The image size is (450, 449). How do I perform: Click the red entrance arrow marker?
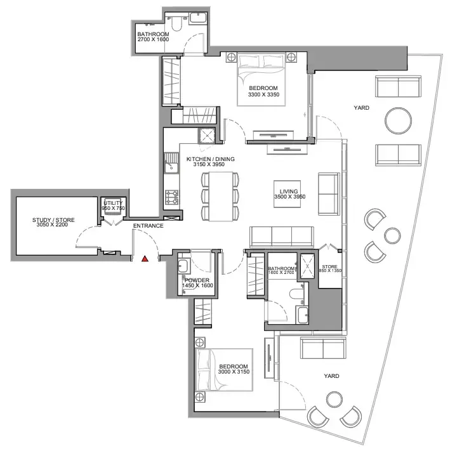145,259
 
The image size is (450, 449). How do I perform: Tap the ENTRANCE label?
148,226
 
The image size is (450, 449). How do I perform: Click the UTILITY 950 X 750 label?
114,205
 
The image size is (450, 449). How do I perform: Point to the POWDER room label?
197,280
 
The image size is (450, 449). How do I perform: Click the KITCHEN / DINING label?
210,159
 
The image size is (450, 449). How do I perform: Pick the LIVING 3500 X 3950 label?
289,194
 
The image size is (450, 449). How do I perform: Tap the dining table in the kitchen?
220,197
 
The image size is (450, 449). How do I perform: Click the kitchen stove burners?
171,198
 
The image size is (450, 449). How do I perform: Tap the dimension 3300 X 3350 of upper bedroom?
263,94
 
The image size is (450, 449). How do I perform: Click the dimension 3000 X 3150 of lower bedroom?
234,372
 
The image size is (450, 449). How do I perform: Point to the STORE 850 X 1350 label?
330,268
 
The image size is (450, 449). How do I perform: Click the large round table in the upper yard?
398,120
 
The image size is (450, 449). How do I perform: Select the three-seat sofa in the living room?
282,237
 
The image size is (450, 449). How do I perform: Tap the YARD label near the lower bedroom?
331,376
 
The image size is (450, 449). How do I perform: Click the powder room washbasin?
183,266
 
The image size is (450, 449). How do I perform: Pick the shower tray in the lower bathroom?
307,266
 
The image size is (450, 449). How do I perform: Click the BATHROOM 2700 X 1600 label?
153,37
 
